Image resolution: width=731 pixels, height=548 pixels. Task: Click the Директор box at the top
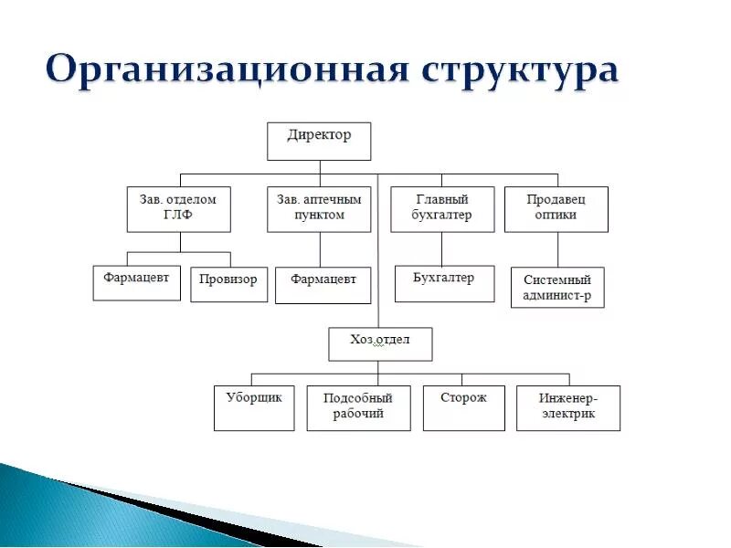coord(319,141)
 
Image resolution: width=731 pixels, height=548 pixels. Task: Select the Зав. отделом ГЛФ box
coord(178,209)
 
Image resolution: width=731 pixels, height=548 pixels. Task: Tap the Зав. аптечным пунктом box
coord(319,209)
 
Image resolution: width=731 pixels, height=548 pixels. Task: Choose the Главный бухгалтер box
coord(442,209)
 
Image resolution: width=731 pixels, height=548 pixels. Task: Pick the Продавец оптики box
coord(556,209)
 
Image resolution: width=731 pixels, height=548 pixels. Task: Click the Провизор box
coord(228,283)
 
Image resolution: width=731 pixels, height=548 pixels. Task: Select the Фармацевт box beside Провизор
coord(136,282)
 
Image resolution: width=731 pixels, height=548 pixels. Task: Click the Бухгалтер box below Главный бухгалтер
coord(444,283)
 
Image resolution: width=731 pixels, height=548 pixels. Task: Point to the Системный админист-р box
coord(556,287)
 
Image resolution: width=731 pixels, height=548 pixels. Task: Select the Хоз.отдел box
coord(380,344)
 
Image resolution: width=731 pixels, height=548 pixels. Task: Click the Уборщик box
coord(254,408)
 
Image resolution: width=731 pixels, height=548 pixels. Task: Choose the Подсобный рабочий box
coord(358,408)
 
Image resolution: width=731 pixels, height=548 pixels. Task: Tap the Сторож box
coord(463,408)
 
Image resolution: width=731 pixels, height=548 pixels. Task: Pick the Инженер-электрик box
coord(568,408)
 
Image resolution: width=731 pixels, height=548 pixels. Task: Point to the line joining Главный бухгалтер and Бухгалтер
coord(442,248)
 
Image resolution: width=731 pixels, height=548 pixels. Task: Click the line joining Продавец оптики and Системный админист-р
coord(556,249)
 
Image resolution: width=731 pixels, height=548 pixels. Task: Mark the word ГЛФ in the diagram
coord(178,216)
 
